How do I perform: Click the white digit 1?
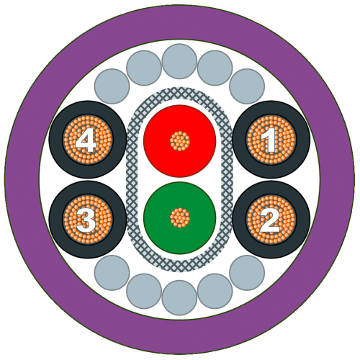point(271,140)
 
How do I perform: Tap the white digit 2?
point(270,220)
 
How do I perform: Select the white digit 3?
point(86,220)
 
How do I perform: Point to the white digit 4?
point(86,140)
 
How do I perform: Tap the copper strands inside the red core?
point(180,141)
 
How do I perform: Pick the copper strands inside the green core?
point(180,218)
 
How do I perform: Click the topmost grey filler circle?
point(179,61)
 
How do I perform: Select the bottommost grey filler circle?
point(179,298)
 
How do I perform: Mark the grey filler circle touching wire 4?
point(112,86)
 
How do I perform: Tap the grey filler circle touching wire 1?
point(247,86)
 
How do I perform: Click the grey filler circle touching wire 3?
point(112,273)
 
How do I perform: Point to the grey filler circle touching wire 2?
point(247,273)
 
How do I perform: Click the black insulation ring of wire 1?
point(271,107)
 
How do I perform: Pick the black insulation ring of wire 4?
point(88,107)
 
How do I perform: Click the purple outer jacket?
point(179,22)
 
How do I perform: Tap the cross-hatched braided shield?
point(132,180)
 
